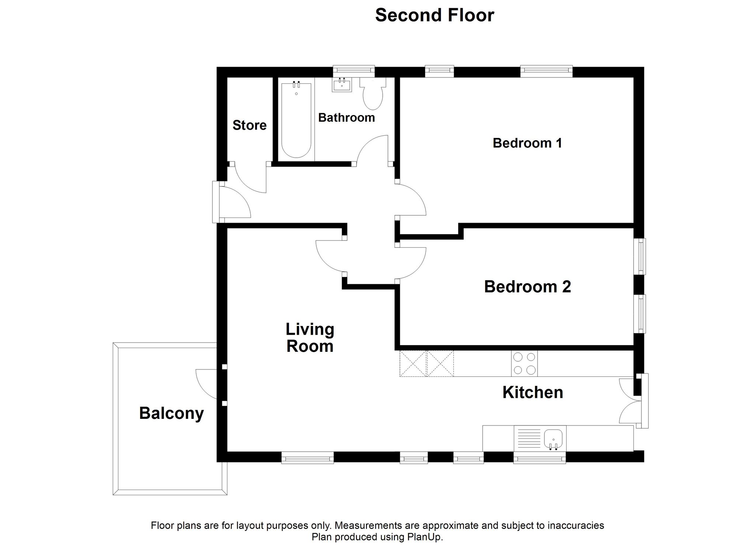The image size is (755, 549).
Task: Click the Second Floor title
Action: pyautogui.click(x=434, y=15)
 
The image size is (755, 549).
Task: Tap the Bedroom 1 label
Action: pyautogui.click(x=527, y=143)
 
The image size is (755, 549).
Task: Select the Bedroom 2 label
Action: pyautogui.click(x=527, y=286)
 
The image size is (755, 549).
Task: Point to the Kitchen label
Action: pyautogui.click(x=533, y=392)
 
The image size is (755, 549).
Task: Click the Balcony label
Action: pyautogui.click(x=171, y=413)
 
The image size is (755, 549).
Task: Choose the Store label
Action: pyautogui.click(x=250, y=125)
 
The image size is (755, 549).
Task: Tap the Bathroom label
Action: pyautogui.click(x=347, y=118)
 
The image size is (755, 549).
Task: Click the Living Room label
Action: pyautogui.click(x=310, y=338)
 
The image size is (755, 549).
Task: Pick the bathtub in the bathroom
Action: pyautogui.click(x=296, y=120)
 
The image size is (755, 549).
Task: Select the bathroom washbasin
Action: pyautogui.click(x=342, y=85)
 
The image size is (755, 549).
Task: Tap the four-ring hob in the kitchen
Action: pyautogui.click(x=524, y=364)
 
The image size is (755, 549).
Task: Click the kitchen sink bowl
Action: pyautogui.click(x=553, y=439)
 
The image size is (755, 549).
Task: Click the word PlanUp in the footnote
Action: pyautogui.click(x=424, y=537)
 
